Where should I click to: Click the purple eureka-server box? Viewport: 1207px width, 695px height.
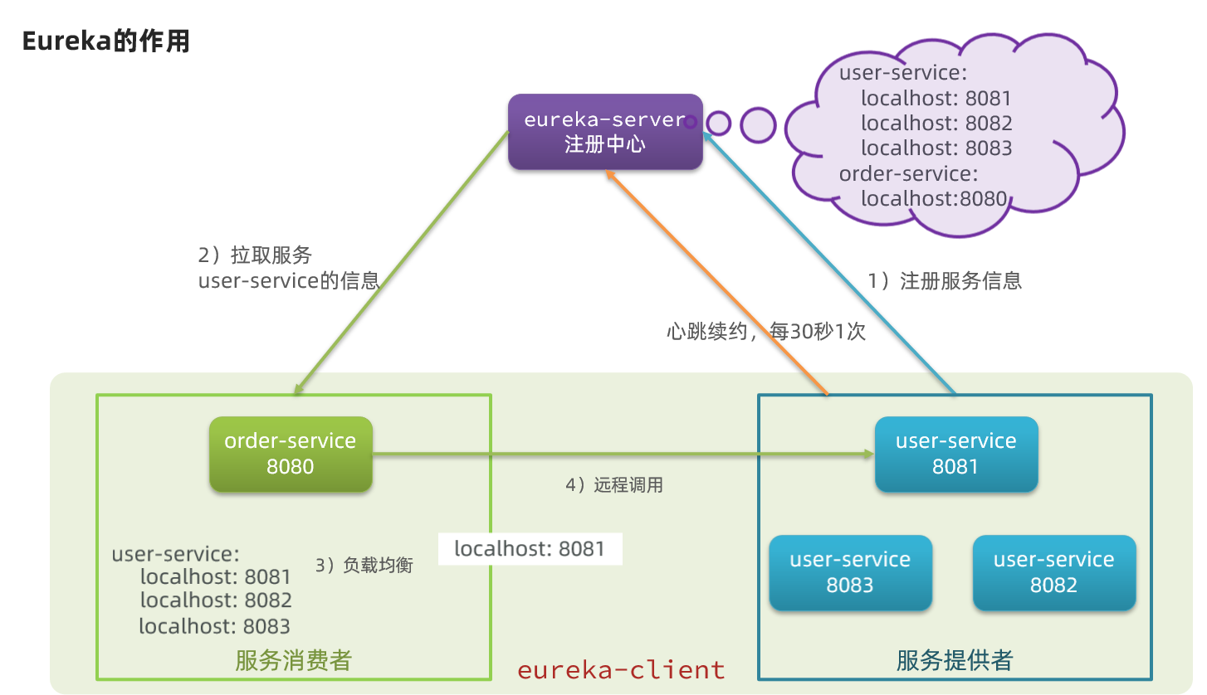click(605, 132)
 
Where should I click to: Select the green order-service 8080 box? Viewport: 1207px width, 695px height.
click(290, 454)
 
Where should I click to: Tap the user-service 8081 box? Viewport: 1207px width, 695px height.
click(955, 454)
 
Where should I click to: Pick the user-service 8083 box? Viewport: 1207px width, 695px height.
click(850, 573)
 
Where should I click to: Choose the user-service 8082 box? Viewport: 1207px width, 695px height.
click(1053, 573)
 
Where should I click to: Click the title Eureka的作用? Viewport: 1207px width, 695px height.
click(106, 41)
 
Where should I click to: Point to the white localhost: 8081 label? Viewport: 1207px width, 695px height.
click(530, 548)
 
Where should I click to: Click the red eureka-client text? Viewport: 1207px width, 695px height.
click(621, 669)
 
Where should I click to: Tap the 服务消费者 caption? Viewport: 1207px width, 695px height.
click(293, 660)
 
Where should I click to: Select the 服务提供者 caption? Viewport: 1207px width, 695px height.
click(955, 660)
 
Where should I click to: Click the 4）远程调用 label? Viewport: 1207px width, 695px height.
click(614, 485)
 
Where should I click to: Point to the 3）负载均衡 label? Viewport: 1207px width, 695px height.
click(364, 566)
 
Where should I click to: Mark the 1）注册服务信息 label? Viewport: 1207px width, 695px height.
click(945, 281)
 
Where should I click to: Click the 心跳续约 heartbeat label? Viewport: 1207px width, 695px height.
click(765, 332)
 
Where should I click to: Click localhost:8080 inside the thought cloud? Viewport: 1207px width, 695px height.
click(933, 198)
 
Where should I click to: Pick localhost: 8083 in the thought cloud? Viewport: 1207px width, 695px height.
click(936, 148)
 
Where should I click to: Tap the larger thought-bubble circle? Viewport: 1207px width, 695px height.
click(757, 124)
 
